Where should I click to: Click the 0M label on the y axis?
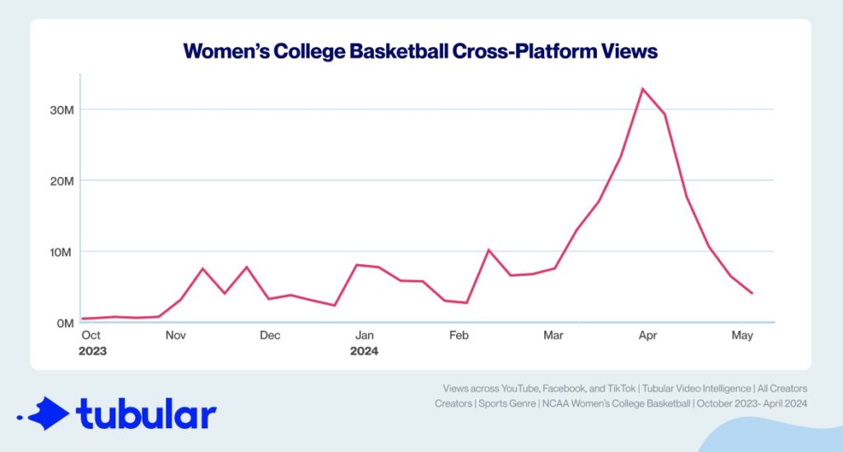pos(66,323)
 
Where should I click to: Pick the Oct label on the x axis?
pos(91,336)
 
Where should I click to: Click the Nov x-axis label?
pos(175,336)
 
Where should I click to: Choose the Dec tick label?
pos(269,336)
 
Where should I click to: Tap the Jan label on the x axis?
pos(365,336)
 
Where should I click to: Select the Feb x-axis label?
pos(459,336)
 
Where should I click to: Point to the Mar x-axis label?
pos(553,336)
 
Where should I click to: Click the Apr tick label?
pos(648,336)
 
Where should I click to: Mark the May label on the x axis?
pos(743,336)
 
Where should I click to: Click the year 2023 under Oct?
pos(93,351)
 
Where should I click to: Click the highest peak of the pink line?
pos(642,88)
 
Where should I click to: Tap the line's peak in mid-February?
pos(488,249)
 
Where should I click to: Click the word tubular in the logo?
pos(147,414)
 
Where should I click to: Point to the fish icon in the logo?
pos(44,413)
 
